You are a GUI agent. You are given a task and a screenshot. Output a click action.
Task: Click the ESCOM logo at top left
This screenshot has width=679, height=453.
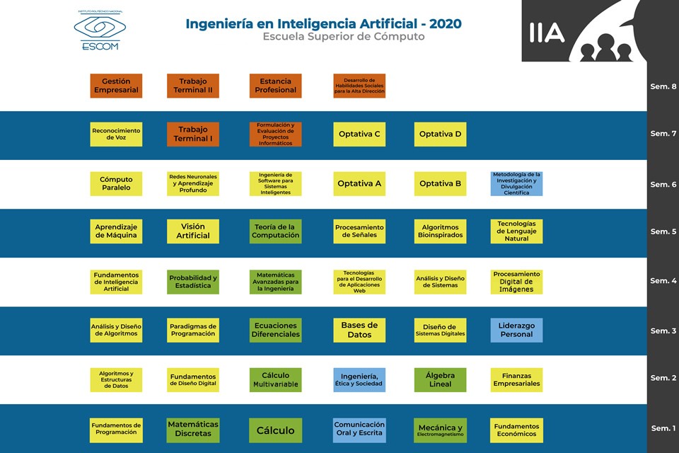point(100,30)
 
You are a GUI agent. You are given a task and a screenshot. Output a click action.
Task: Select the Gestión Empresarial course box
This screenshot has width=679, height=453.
point(116,86)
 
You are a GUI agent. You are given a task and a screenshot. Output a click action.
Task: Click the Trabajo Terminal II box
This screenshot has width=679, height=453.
point(193,86)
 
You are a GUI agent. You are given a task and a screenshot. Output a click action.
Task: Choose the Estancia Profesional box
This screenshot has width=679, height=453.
point(275,86)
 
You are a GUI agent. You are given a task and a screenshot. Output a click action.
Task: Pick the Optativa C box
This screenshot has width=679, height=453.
point(359,134)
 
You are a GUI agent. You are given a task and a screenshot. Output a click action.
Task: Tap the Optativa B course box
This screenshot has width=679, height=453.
point(440,184)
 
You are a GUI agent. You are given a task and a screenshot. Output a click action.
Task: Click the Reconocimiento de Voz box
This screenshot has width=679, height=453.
point(116,134)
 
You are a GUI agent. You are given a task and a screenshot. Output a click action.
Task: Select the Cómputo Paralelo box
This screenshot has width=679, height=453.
point(116,184)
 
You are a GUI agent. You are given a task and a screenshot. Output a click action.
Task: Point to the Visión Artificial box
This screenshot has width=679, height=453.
point(193,231)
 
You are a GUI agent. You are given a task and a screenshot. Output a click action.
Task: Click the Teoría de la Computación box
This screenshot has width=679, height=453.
point(275,231)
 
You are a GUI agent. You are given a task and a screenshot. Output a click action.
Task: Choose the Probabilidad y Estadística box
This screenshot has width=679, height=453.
point(193,282)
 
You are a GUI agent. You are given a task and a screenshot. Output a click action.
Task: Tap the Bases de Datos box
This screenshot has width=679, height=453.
point(359,331)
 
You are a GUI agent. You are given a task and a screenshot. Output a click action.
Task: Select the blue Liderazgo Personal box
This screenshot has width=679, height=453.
point(516,331)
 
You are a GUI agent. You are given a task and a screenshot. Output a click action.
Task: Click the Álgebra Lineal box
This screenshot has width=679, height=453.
point(440,380)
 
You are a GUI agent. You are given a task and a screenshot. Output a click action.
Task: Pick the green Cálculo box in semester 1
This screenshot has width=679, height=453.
point(275,430)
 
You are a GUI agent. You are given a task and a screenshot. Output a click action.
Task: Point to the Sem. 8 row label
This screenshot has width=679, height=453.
point(663,87)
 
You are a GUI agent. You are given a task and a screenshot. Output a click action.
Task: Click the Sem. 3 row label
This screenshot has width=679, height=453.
point(663,331)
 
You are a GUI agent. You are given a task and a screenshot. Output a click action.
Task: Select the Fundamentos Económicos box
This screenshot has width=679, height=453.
point(516,430)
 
